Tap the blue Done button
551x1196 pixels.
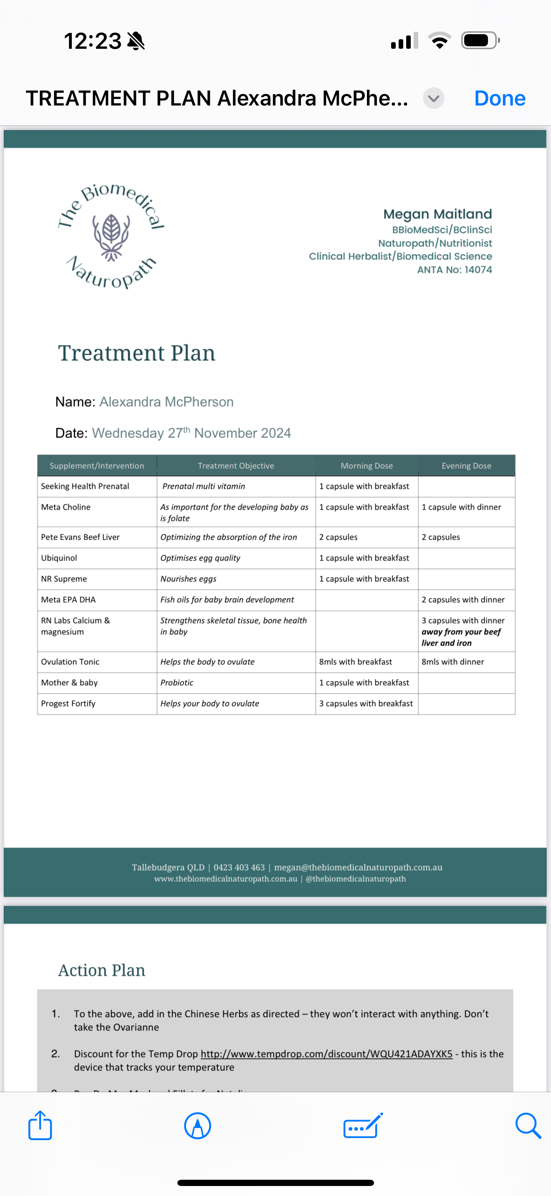point(499,98)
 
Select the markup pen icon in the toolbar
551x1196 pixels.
point(197,1126)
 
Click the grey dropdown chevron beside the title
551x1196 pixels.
point(433,98)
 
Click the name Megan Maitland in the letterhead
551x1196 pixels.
point(437,214)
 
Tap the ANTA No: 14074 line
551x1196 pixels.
point(454,270)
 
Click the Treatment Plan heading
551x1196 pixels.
point(136,353)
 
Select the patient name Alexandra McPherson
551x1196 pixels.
point(166,402)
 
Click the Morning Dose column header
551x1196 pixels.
point(366,466)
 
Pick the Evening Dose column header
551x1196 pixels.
point(466,466)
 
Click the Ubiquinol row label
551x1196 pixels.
point(59,558)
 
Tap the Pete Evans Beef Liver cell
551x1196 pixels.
point(81,537)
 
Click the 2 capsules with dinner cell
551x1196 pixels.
point(463,600)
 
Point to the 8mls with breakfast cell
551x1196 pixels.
point(355,662)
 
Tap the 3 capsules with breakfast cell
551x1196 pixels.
point(366,704)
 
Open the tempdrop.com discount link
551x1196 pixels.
point(326,1054)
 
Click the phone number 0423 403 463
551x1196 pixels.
point(239,867)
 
